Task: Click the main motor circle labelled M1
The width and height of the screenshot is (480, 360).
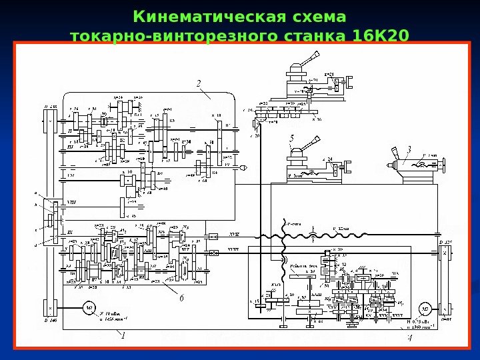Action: click(x=87, y=307)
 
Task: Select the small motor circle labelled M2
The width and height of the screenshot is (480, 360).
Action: click(x=423, y=308)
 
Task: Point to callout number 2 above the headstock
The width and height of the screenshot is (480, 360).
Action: click(x=198, y=83)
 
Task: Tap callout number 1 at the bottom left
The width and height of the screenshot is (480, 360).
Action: click(x=123, y=337)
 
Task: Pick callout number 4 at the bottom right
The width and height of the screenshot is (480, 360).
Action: click(x=409, y=337)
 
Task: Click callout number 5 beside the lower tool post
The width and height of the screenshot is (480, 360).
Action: click(x=291, y=138)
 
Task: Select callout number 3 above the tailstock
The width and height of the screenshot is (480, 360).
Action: click(x=409, y=148)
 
